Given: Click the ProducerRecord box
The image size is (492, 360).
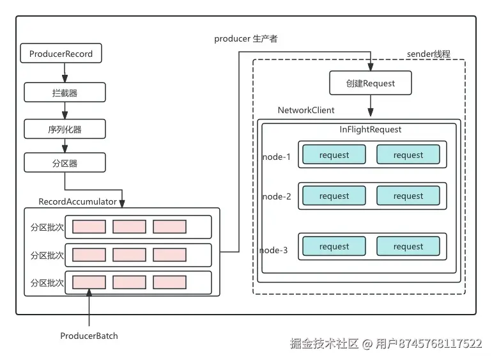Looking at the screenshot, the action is click(61, 53).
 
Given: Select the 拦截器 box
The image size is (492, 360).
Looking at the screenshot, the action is click(65, 92).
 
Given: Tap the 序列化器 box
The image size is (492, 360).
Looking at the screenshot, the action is click(65, 129).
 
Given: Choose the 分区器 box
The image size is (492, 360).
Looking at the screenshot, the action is click(65, 162).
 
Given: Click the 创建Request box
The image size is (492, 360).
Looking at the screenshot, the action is click(370, 83).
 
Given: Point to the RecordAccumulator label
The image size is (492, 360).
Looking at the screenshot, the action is click(77, 201).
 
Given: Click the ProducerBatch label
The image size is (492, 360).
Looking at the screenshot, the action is click(89, 336).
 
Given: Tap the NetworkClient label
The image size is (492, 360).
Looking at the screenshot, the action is click(306, 110).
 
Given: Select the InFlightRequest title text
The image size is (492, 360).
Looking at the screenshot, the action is click(370, 129).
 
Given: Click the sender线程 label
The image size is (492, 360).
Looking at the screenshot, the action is click(428, 54).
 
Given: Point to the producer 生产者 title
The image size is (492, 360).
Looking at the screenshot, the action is click(246, 38).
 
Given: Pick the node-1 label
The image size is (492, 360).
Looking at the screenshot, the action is click(277, 157).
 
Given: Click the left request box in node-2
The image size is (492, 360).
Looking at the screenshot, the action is click(334, 196).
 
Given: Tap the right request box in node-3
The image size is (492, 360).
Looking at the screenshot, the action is click(408, 246).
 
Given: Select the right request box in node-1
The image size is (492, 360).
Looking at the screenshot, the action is click(408, 155).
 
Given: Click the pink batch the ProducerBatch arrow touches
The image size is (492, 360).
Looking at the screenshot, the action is click(89, 282).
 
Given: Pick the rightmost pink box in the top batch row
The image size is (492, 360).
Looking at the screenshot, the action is click(169, 226).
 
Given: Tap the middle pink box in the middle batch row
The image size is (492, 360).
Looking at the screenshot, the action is click(129, 254).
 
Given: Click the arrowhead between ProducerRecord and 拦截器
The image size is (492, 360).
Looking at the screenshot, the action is click(65, 78).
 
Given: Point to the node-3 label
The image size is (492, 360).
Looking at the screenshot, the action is click(273, 250).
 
